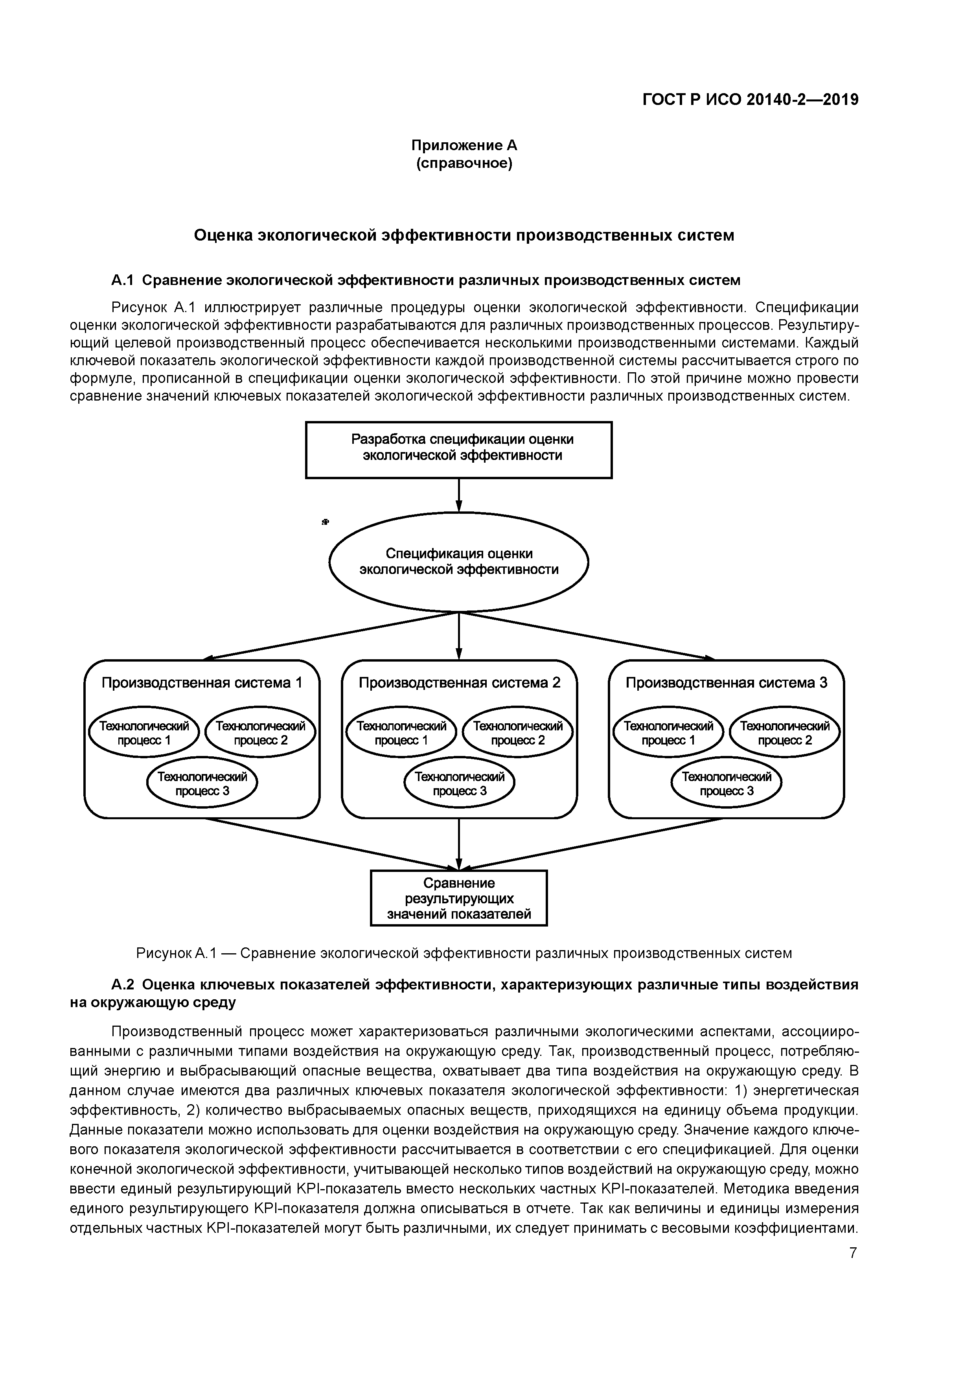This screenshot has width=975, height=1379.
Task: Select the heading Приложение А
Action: tap(464, 145)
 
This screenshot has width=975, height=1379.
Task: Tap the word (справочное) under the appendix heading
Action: tap(464, 164)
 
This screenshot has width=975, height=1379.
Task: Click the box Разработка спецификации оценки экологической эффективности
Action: tap(459, 450)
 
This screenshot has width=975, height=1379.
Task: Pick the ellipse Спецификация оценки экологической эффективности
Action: tap(459, 562)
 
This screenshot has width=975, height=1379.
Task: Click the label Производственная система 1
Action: tap(202, 683)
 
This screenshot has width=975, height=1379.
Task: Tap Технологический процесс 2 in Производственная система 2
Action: tap(518, 733)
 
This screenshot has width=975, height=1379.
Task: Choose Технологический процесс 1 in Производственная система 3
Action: tap(668, 733)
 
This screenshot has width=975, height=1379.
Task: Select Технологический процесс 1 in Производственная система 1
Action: tap(143, 733)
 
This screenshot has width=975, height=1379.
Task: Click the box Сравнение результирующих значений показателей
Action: tap(459, 899)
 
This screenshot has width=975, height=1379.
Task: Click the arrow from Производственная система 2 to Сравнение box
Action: tap(459, 844)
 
